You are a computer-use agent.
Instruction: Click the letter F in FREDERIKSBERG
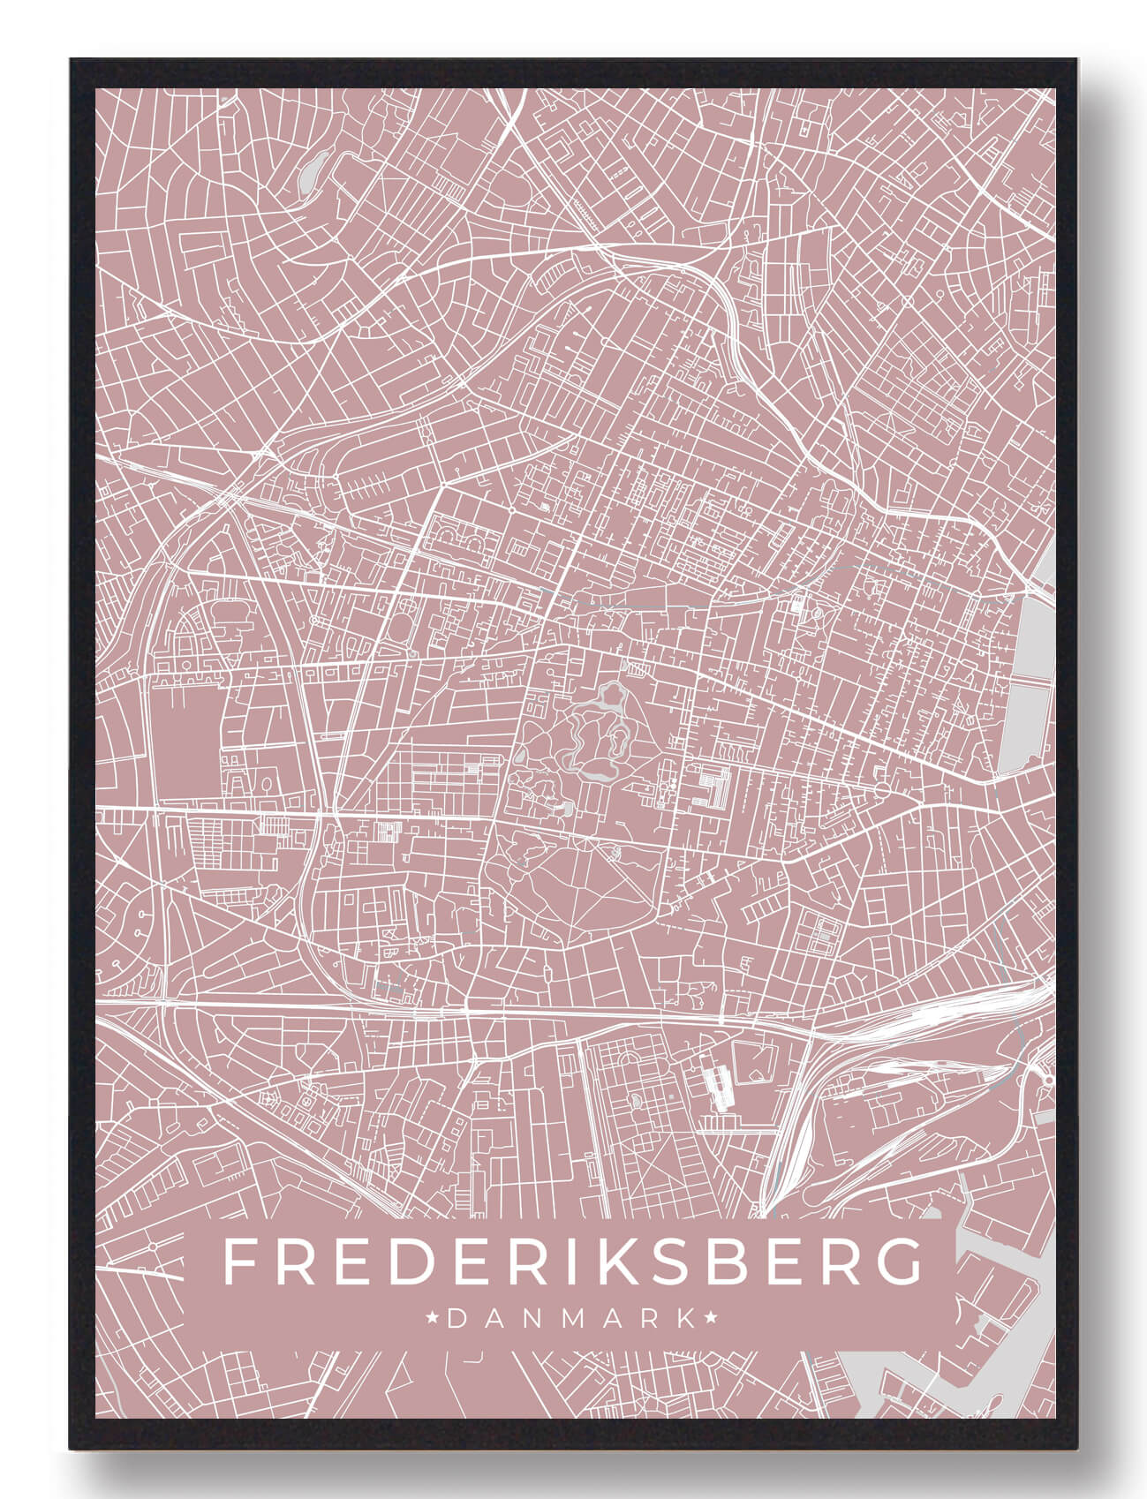point(239,1262)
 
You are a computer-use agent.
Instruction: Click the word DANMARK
point(572,1319)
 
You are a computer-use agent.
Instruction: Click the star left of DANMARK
point(434,1318)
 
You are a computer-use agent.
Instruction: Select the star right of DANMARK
point(712,1318)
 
